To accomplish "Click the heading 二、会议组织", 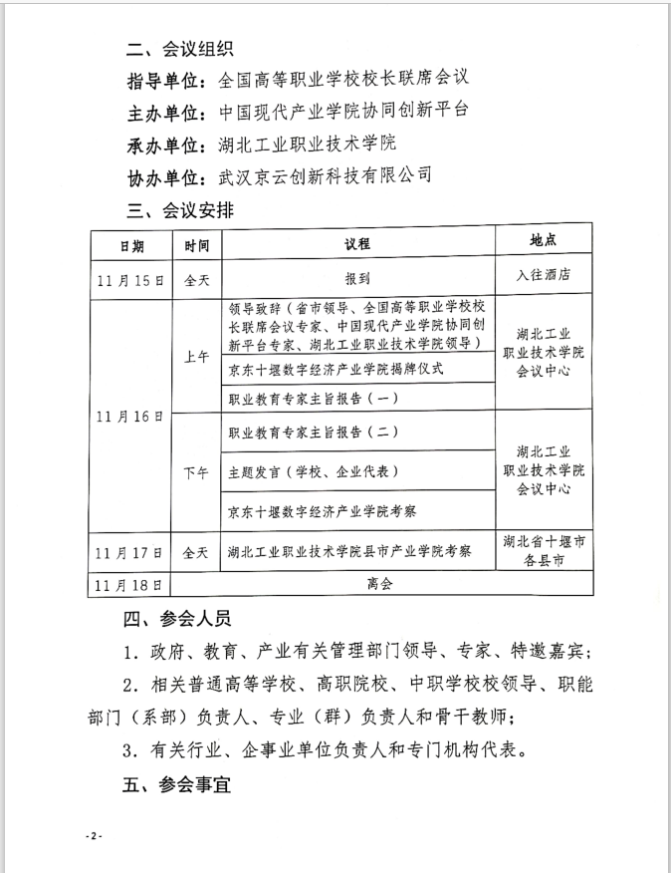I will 179,49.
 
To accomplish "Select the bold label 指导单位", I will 164,80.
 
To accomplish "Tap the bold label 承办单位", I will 164,144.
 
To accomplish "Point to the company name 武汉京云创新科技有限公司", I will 326,175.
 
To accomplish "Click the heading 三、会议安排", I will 179,209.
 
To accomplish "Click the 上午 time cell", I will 196,356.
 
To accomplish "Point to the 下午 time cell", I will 196,473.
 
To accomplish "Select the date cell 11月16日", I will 130,415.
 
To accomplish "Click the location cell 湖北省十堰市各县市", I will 543,551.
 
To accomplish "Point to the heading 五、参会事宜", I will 179,785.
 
